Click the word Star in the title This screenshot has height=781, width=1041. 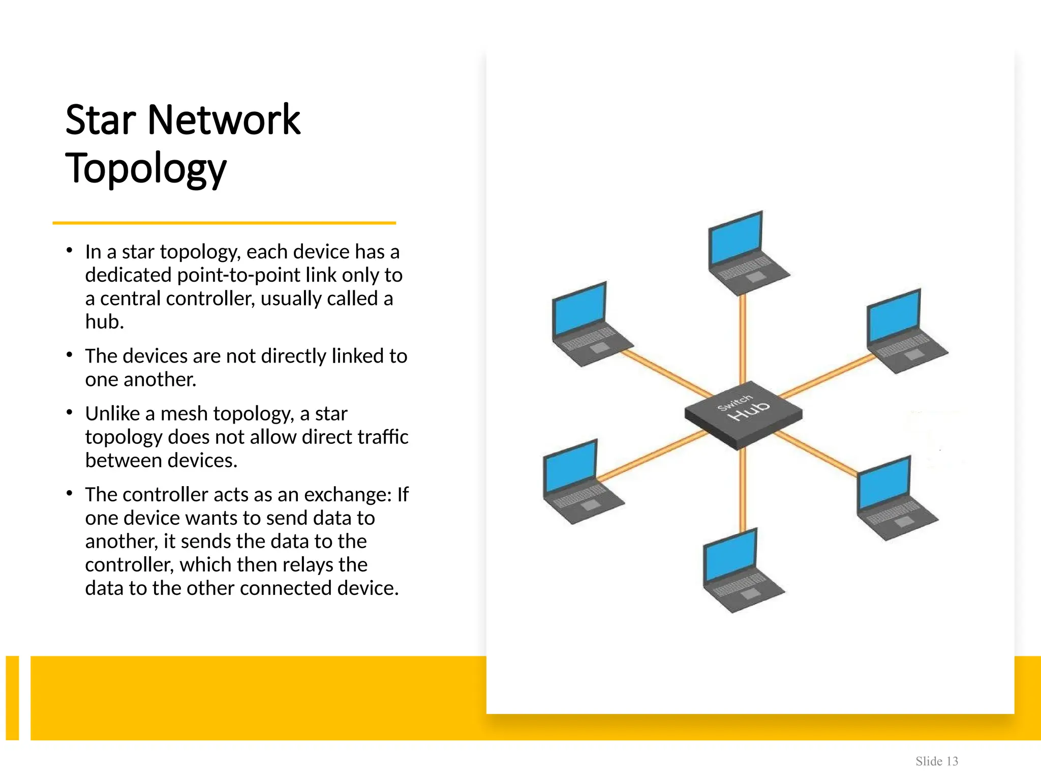pyautogui.click(x=101, y=120)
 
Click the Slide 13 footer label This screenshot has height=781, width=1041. pyautogui.click(x=936, y=761)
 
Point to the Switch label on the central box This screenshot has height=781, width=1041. pyautogui.click(x=734, y=402)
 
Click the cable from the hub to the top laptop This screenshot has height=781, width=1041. pyautogui.click(x=743, y=338)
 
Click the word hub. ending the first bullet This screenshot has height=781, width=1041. pyautogui.click(x=105, y=322)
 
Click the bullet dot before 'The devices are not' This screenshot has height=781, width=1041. pyautogui.click(x=70, y=354)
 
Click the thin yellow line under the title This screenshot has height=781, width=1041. pyautogui.click(x=224, y=223)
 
